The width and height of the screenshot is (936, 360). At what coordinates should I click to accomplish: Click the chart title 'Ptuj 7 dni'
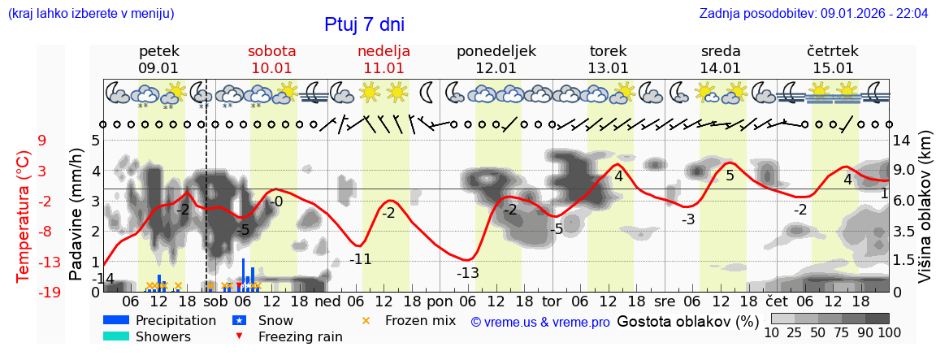[x=364, y=24]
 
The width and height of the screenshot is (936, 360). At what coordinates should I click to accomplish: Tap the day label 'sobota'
[x=271, y=51]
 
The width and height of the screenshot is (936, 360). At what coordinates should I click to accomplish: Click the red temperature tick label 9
[x=41, y=141]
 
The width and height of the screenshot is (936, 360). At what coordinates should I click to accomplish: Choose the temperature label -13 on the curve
[x=467, y=273]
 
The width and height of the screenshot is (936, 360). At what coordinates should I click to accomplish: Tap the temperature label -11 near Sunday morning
[x=360, y=260]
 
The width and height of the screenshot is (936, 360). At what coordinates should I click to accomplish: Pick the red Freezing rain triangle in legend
[x=239, y=336]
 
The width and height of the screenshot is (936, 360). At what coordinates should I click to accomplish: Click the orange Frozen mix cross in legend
[x=366, y=320]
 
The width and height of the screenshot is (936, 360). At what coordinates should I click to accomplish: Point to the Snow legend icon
[x=239, y=320]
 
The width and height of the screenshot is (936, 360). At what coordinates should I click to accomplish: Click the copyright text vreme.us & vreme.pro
[x=540, y=322]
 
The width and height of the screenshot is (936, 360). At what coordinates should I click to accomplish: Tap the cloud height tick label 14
[x=901, y=141]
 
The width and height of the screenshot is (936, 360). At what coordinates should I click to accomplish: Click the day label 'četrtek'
[x=832, y=51]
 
